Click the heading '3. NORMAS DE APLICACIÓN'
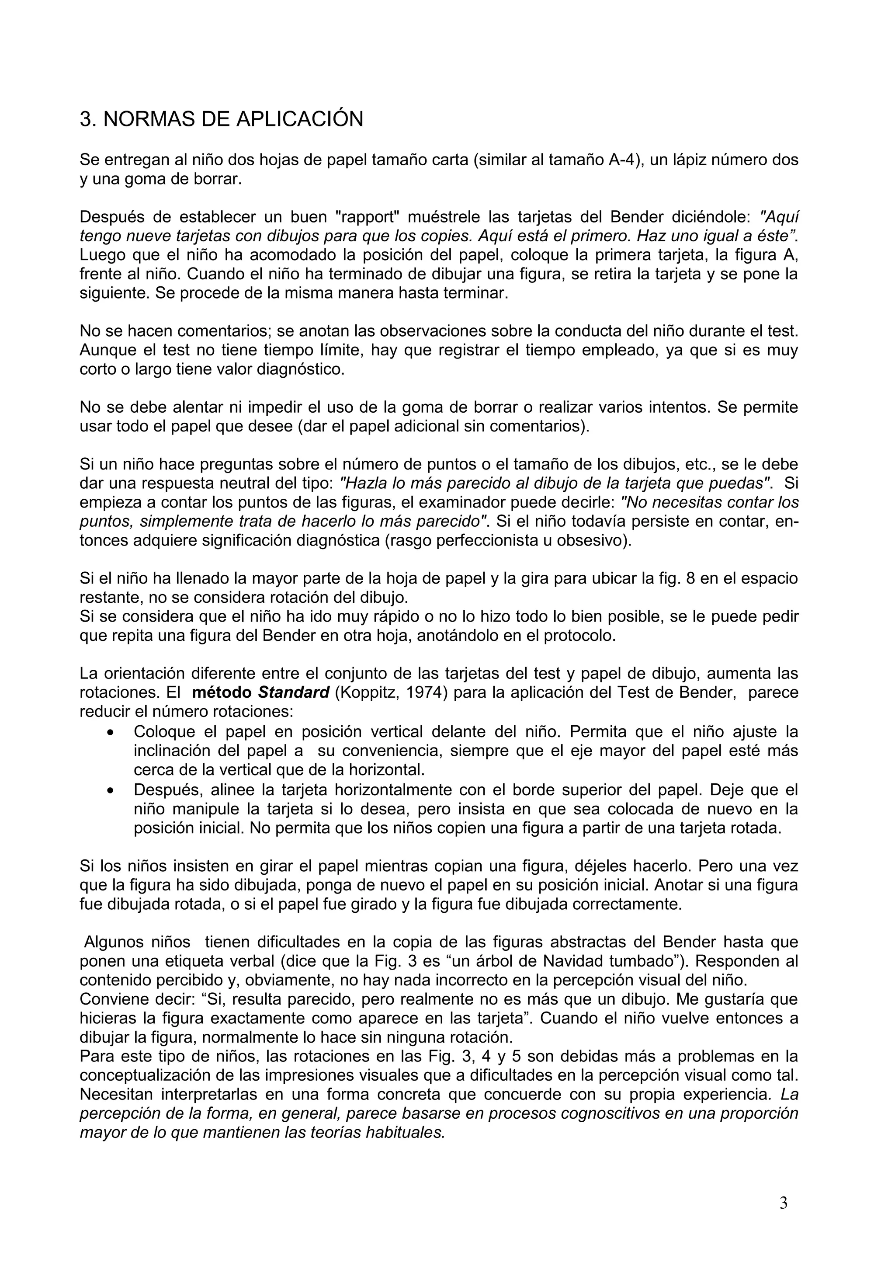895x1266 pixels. tap(222, 119)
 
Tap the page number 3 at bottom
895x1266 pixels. tap(783, 1203)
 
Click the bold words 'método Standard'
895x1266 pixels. tap(260, 692)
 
